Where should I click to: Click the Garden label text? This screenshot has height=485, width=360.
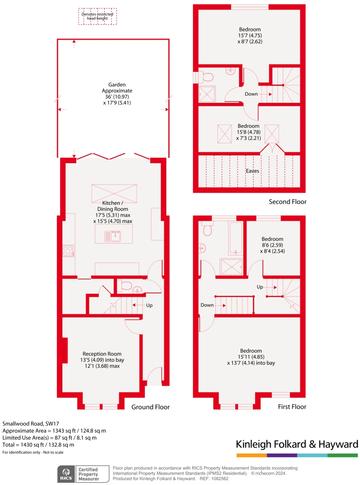click(x=117, y=93)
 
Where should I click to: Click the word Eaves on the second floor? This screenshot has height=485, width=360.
click(x=252, y=171)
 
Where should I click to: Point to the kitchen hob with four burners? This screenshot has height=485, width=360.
click(x=69, y=251)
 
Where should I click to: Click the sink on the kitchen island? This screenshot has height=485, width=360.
click(x=113, y=237)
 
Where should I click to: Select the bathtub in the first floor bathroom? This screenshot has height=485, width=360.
click(x=236, y=238)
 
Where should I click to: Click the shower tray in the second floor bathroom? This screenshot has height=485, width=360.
click(x=207, y=94)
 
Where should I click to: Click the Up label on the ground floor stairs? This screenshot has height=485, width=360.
click(x=149, y=305)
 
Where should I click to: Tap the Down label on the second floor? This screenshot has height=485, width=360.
click(x=251, y=94)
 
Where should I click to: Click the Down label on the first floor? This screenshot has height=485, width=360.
click(x=207, y=305)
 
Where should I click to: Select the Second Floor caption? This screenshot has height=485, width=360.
click(x=288, y=202)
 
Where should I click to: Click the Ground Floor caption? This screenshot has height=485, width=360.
click(x=150, y=407)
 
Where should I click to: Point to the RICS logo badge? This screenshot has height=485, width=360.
click(x=66, y=474)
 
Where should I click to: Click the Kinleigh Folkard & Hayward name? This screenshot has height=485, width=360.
click(x=297, y=445)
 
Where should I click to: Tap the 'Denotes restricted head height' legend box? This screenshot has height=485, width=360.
click(x=97, y=17)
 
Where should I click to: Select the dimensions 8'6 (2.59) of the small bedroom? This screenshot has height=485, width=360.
click(x=272, y=245)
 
